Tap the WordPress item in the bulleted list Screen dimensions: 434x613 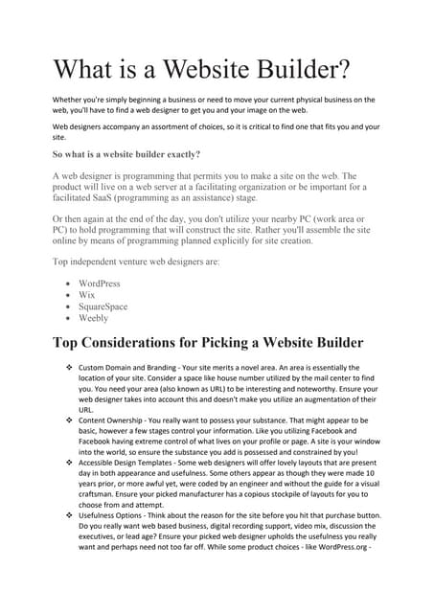click(100, 284)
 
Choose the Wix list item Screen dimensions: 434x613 click(88, 296)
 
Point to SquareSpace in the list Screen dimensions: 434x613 click(103, 307)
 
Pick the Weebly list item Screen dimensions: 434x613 click(94, 319)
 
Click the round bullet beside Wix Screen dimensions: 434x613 click(65, 296)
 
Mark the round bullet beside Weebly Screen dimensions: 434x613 click(65, 319)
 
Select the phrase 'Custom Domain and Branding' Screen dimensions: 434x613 click(131, 368)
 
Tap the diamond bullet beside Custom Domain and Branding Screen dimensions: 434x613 click(68, 368)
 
